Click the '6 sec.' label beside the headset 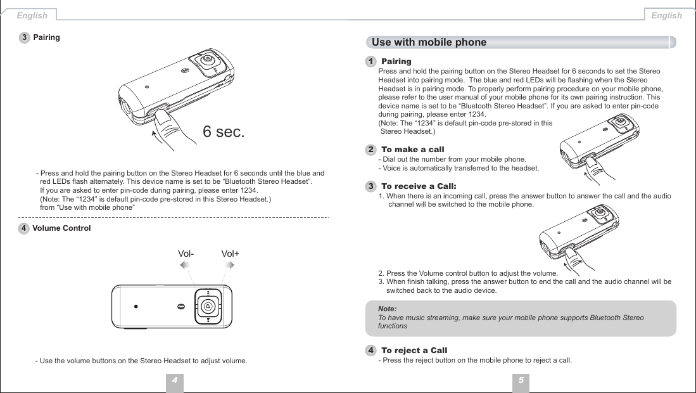tap(223, 132)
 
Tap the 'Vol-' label tap(186, 254)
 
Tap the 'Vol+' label tap(231, 254)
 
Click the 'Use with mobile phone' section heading tap(429, 42)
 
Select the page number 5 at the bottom tap(520, 380)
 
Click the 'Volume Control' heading tap(61, 228)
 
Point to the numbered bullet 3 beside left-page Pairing tap(24, 37)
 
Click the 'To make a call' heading tap(412, 149)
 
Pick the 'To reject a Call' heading tap(414, 351)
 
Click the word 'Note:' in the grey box tap(387, 308)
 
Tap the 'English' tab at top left tap(31, 15)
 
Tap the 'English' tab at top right tap(666, 15)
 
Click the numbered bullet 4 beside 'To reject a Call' tap(370, 351)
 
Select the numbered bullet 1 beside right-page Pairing tap(370, 61)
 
